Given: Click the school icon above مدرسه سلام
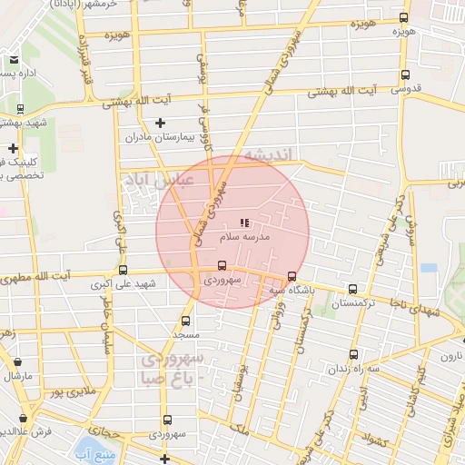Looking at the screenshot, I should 243,222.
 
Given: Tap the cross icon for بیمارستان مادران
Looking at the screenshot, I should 161,123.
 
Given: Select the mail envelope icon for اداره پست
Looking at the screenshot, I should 14,60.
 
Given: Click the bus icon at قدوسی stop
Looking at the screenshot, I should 404,76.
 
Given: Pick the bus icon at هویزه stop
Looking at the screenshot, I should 403,17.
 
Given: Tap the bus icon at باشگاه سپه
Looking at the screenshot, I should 292,276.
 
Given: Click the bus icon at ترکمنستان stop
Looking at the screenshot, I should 352,290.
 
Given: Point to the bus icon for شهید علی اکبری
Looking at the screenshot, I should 123,270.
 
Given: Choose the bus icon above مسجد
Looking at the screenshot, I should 185,321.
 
